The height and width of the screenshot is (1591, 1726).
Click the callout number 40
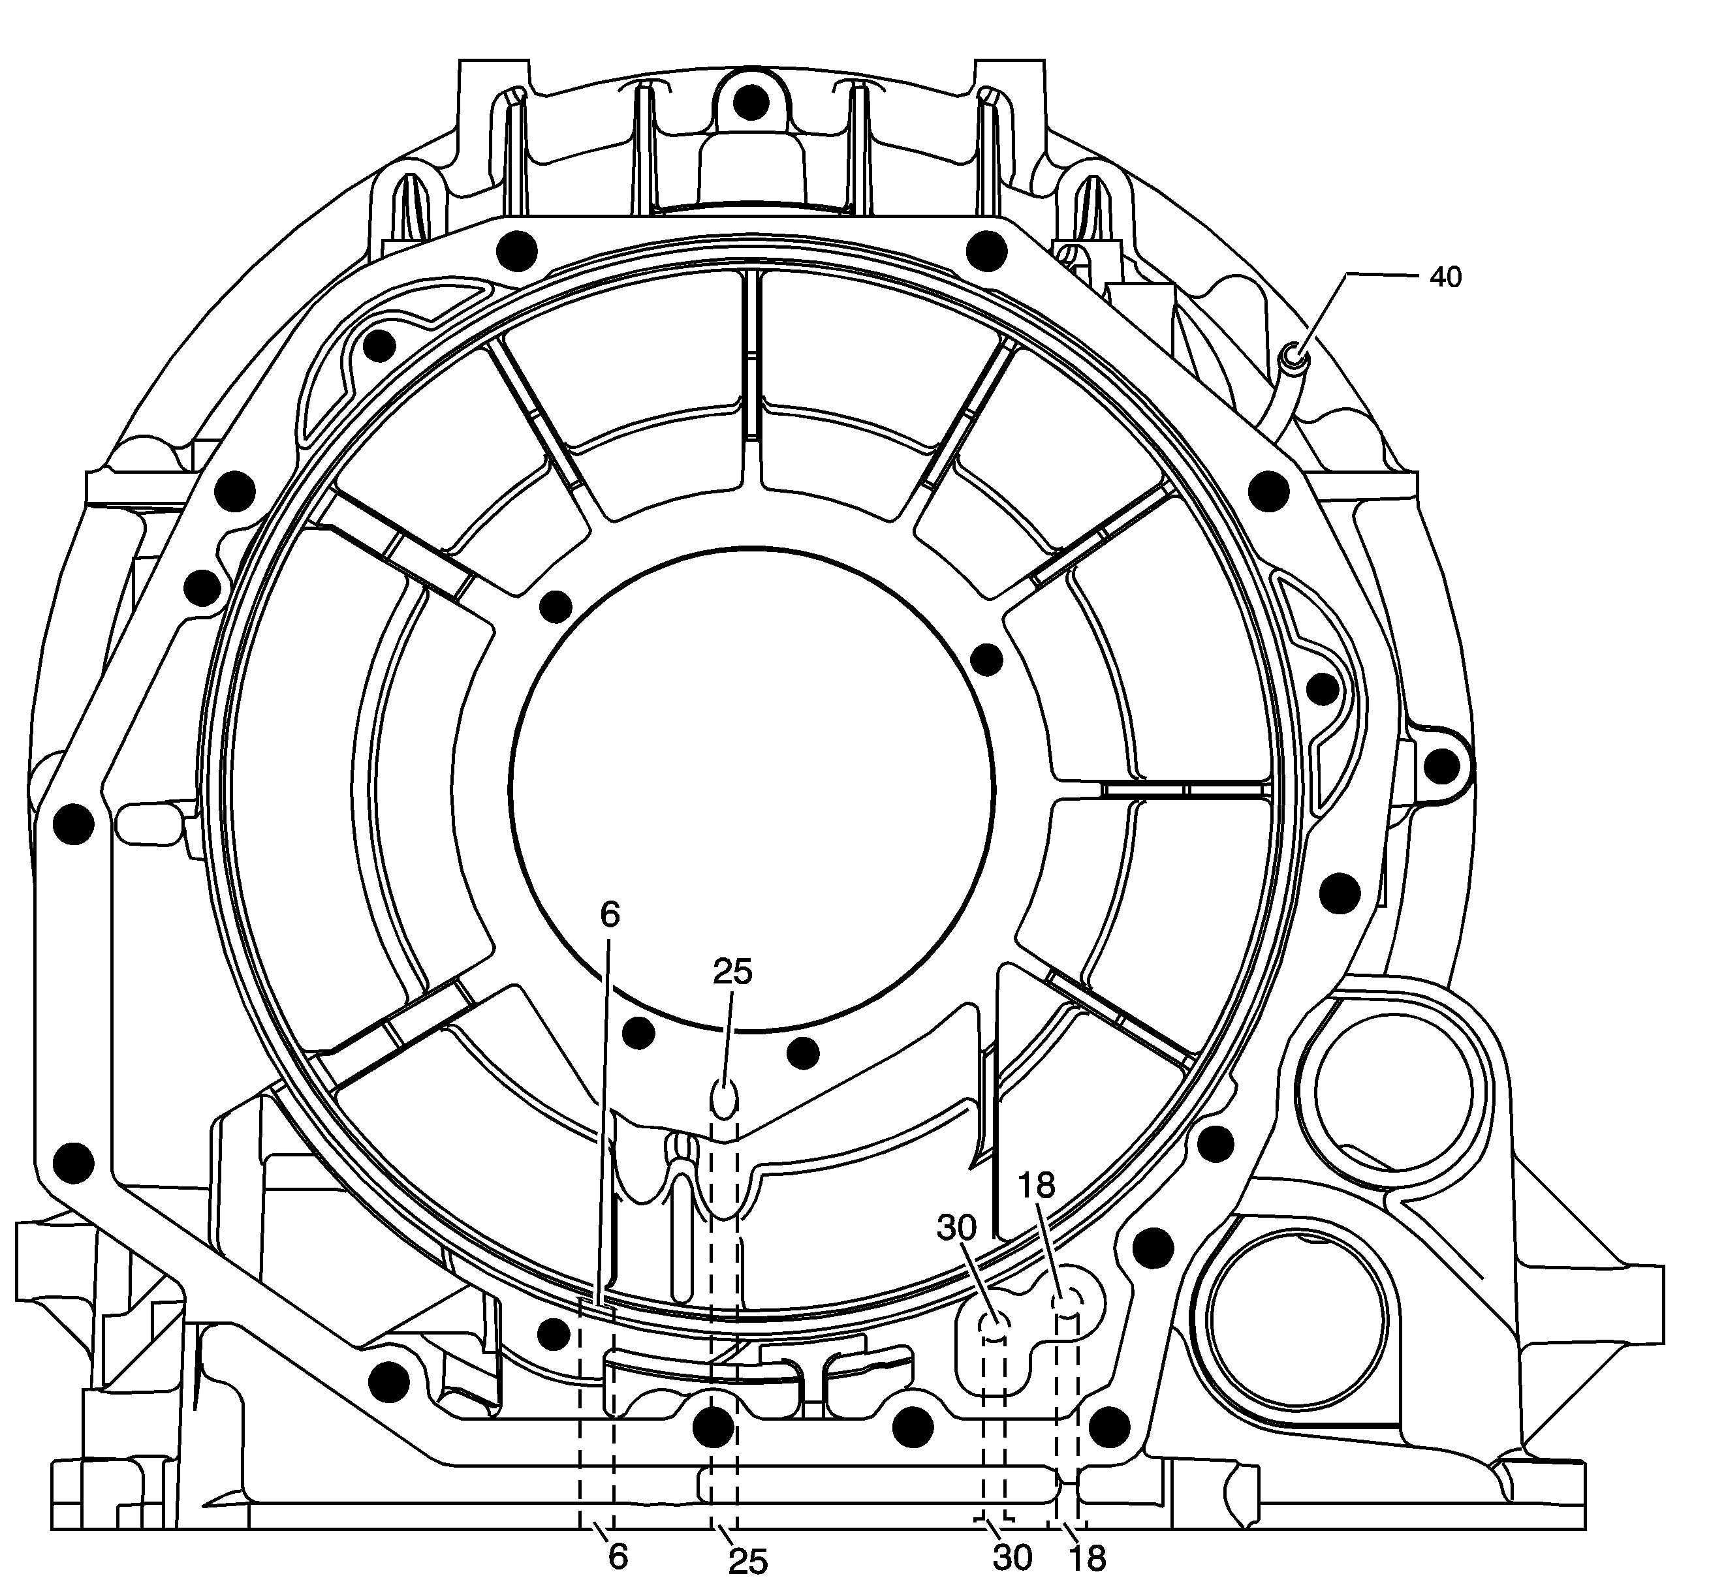click(1445, 277)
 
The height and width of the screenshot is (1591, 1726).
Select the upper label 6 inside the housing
click(609, 915)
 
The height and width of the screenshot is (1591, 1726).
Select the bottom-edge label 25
click(747, 1561)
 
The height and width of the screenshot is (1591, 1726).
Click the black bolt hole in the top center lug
click(752, 103)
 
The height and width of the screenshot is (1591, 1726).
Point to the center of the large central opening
click(752, 788)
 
